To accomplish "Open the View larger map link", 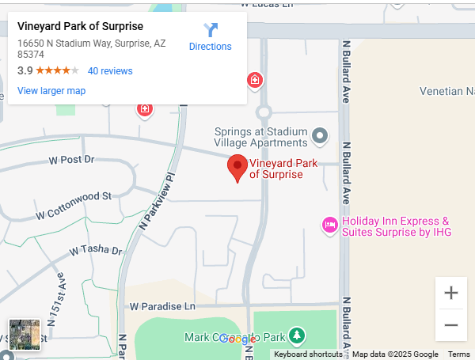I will click(x=51, y=91).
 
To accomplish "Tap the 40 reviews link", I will click(x=110, y=71).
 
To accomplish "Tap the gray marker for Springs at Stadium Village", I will click(x=320, y=136).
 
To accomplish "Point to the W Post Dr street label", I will click(x=71, y=160).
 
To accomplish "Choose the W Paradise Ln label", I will click(x=162, y=306).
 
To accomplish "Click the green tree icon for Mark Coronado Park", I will click(x=296, y=336).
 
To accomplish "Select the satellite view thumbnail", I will click(x=24, y=335).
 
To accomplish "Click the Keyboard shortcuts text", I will click(x=308, y=354).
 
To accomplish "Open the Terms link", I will click(x=458, y=354).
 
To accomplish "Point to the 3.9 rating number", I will click(x=25, y=71).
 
